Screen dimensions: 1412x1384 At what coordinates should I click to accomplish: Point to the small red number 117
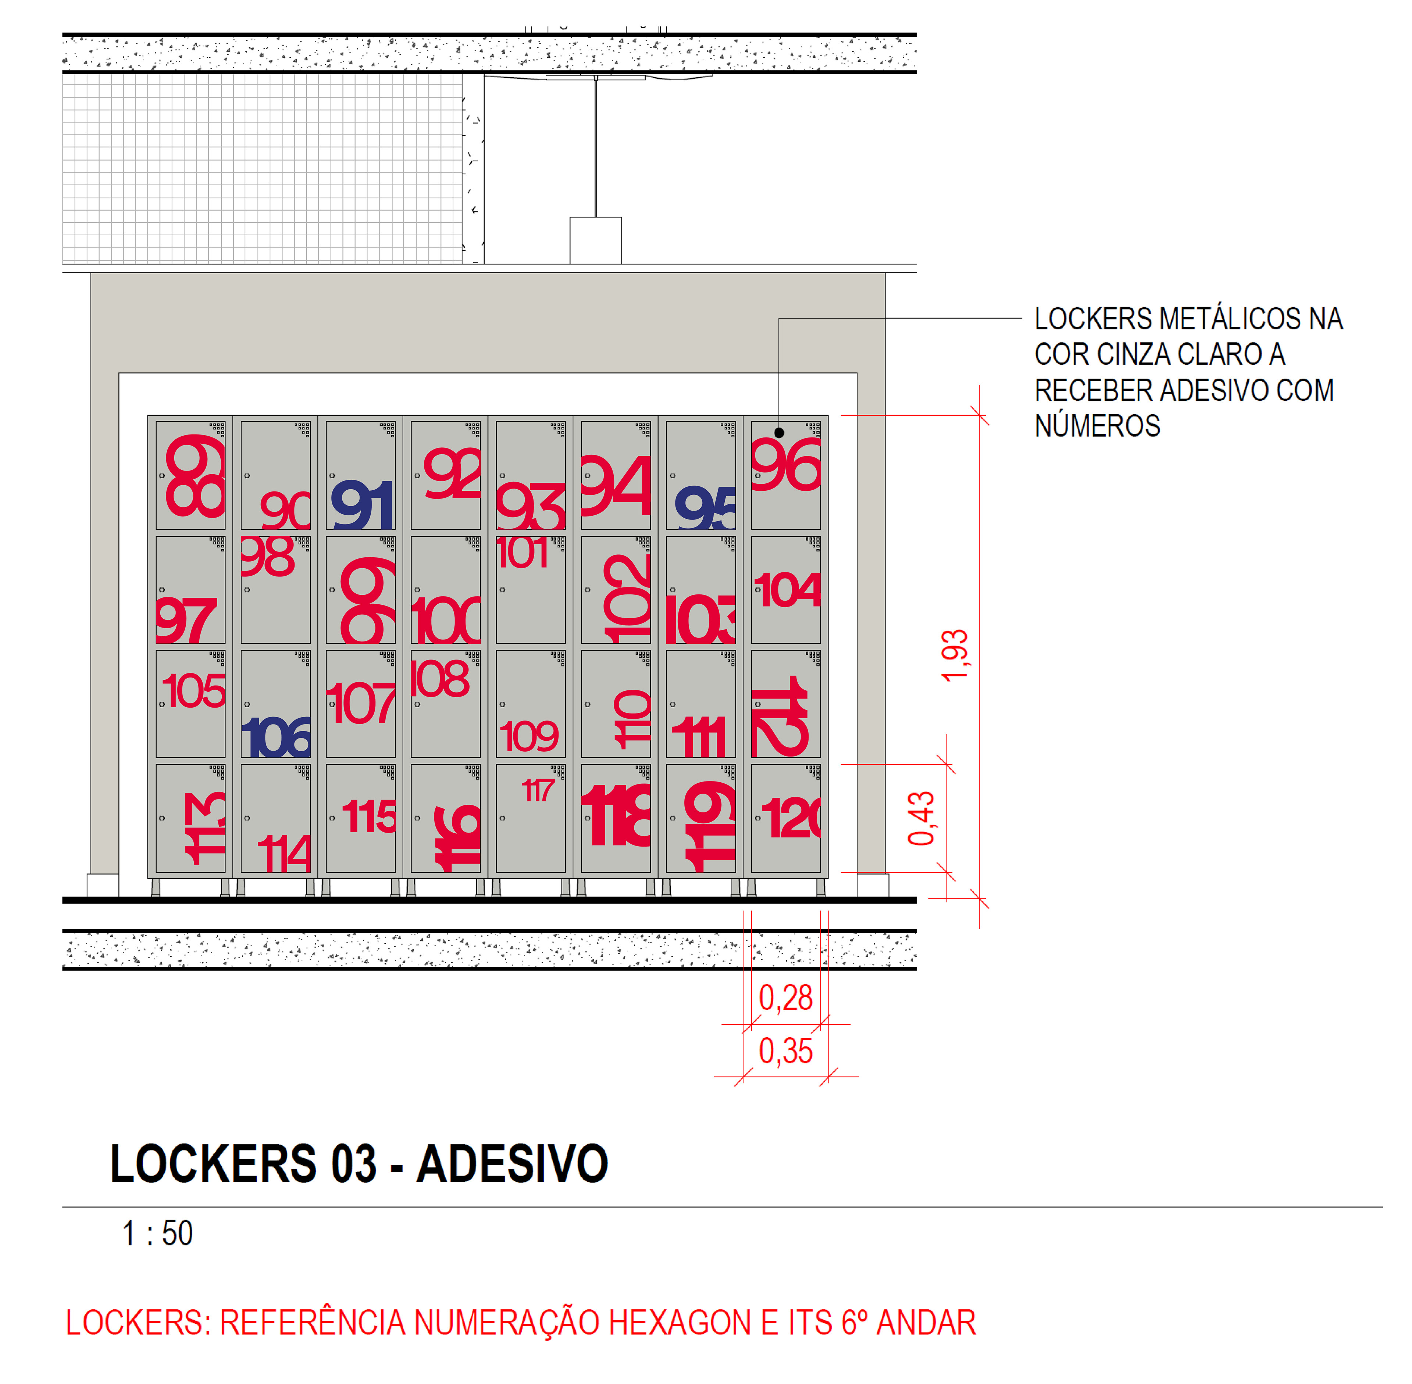point(538,790)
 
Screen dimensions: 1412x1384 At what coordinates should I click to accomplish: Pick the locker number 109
point(529,736)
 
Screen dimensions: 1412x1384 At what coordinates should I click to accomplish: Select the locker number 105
point(193,691)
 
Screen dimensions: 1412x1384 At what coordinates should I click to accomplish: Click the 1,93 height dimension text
point(955,656)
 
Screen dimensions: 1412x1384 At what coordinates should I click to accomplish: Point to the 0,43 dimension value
point(921,819)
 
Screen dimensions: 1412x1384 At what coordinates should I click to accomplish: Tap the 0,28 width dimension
point(785,998)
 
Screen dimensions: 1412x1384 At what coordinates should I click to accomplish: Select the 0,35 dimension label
point(785,1051)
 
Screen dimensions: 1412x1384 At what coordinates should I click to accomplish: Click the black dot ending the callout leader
point(779,433)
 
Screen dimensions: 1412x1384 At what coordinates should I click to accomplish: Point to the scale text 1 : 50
point(157,1234)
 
